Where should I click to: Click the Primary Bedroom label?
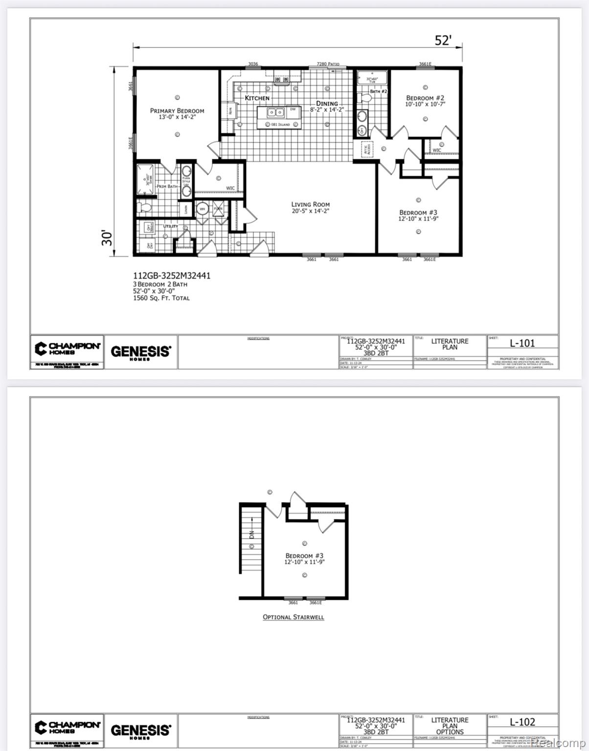[x=177, y=111]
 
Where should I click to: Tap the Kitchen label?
[x=257, y=98]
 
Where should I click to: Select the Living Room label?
[x=310, y=204]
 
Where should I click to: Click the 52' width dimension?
[x=442, y=41]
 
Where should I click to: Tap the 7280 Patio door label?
[x=328, y=64]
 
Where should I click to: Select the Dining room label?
[x=327, y=104]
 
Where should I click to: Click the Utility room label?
[x=170, y=226]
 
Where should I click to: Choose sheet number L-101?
[x=522, y=343]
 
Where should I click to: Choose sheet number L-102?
[x=522, y=722]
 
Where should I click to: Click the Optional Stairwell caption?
[x=294, y=617]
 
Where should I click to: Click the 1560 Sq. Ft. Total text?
[x=161, y=298]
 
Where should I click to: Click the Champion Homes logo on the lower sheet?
[x=68, y=727]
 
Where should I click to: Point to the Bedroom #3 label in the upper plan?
[x=418, y=213]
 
